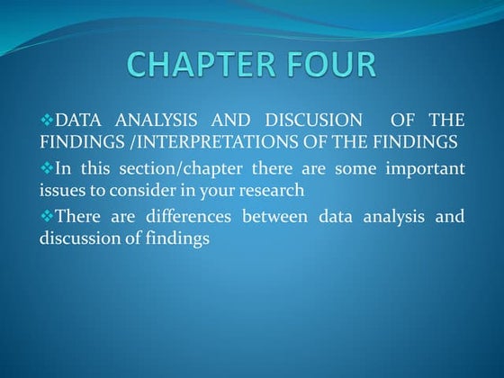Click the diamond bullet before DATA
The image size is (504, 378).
tap(47, 120)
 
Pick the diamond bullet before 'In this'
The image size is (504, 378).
tap(47, 167)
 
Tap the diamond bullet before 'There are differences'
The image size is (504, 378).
tap(47, 215)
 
